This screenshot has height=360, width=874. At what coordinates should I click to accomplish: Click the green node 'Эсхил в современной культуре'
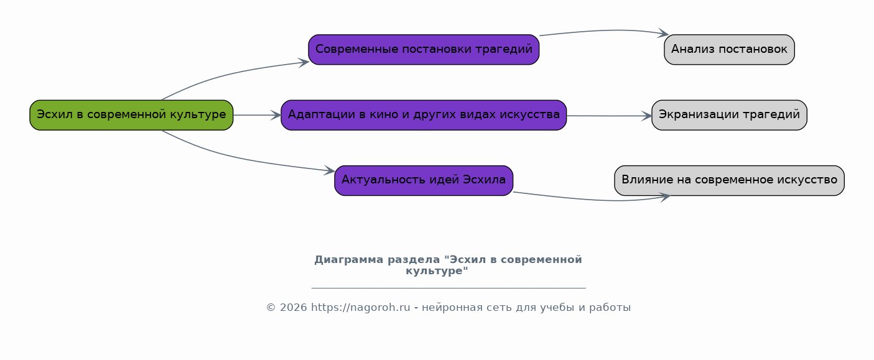point(131,115)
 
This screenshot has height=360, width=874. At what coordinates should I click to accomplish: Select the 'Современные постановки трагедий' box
point(424,50)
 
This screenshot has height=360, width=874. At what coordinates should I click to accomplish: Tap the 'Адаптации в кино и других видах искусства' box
point(424,115)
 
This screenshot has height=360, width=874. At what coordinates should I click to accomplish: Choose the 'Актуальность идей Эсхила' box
point(424,180)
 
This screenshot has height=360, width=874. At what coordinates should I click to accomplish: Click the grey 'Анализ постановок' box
point(729,50)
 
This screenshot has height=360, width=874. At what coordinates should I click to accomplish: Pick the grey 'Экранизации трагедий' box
point(729,115)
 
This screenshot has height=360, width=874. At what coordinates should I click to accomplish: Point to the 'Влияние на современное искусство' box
point(729,180)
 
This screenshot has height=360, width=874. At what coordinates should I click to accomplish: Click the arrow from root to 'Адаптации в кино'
point(256,115)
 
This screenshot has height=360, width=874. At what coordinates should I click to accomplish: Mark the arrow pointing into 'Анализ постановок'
point(603,30)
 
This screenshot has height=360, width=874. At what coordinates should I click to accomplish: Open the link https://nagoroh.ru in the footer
point(360,308)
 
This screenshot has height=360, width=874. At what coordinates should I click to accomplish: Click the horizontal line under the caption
point(448,288)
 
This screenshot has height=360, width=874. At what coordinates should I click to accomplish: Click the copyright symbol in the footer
point(271,308)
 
